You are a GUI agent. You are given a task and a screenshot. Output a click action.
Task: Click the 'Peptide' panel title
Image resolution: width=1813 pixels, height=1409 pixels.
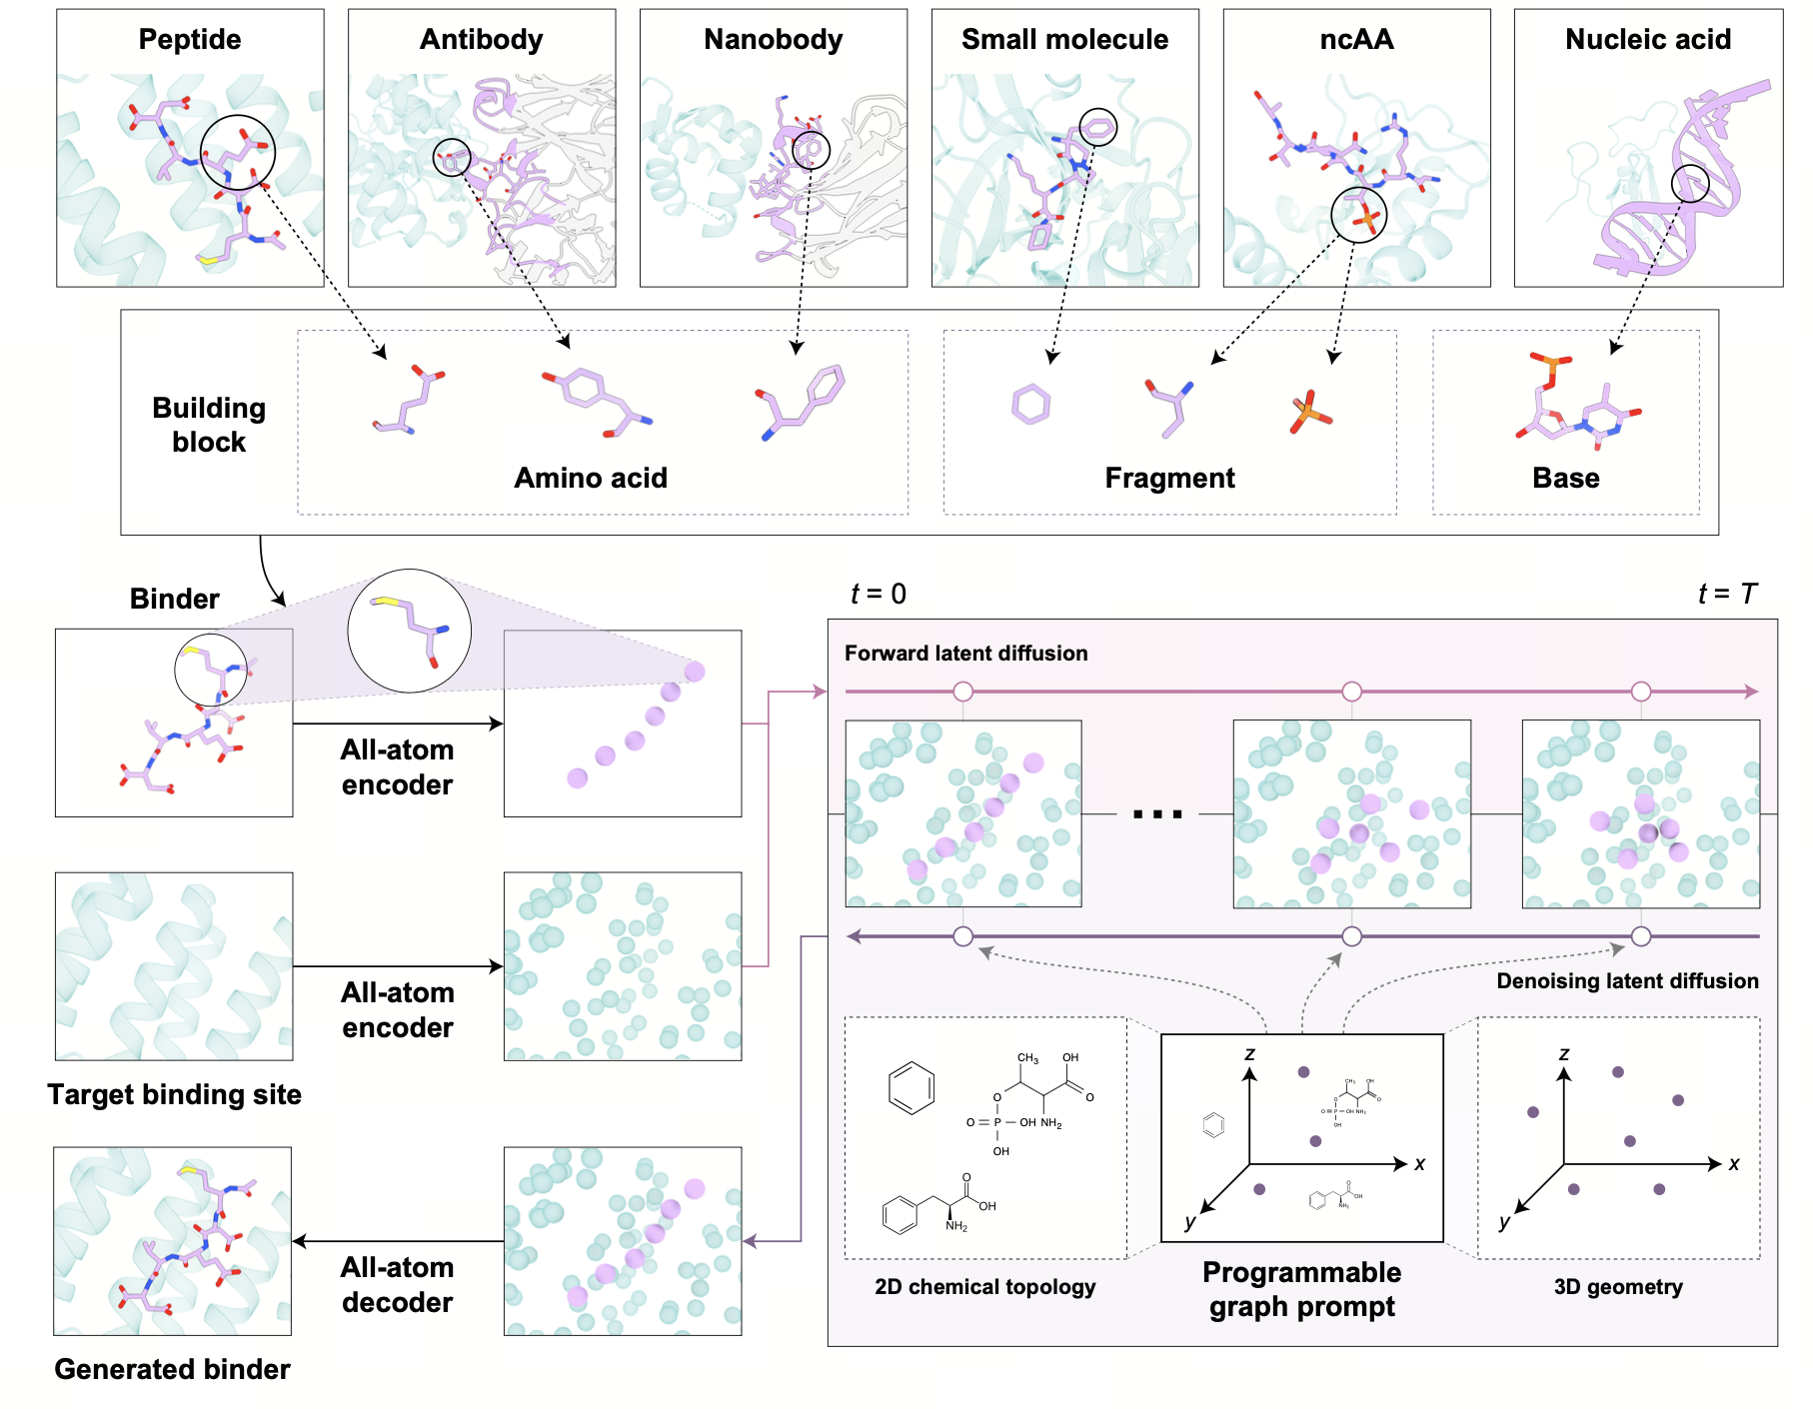(190, 40)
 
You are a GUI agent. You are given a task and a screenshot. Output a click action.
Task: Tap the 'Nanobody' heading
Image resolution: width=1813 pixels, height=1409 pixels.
(773, 40)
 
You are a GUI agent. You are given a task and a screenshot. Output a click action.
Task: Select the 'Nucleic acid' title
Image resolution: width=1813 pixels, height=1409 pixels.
(1647, 40)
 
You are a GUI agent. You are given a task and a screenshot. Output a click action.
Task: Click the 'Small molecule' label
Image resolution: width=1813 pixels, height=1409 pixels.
(1064, 40)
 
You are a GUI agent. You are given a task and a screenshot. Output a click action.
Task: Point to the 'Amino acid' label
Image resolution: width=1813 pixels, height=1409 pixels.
(591, 479)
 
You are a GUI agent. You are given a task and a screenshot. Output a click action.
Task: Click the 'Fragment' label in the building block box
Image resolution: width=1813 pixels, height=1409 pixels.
(1169, 479)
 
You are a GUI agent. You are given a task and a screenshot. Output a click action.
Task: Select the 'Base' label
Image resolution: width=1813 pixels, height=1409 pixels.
(1565, 479)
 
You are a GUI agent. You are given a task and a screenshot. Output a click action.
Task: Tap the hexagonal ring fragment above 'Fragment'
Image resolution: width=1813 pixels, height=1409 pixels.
(1030, 405)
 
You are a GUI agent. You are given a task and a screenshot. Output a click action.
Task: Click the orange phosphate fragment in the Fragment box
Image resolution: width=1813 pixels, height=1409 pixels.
(1309, 412)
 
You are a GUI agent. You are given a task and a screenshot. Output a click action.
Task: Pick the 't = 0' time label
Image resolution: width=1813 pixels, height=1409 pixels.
(879, 595)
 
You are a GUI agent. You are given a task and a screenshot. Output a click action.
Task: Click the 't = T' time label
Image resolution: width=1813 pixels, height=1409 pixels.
(1726, 595)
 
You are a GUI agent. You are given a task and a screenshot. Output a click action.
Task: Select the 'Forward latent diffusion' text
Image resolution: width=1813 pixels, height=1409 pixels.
(965, 654)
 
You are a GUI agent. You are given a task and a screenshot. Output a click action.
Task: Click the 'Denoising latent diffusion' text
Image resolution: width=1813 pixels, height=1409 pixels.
(1627, 981)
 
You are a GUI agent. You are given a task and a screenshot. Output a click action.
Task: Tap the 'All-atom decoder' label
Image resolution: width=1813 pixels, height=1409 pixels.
(397, 1285)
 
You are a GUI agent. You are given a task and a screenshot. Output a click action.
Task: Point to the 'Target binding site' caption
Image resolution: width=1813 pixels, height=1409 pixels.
(174, 1095)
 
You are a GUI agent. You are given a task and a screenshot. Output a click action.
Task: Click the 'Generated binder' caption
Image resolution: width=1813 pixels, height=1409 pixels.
(172, 1370)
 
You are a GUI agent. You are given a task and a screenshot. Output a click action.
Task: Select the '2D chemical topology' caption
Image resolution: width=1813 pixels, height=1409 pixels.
(984, 1287)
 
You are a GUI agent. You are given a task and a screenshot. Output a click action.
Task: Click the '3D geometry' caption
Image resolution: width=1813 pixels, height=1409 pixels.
(1618, 1287)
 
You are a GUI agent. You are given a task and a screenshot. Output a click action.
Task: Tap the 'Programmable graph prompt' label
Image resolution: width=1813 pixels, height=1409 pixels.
(1301, 1289)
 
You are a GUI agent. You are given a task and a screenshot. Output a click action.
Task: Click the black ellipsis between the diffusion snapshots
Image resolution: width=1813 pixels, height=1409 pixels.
(1157, 814)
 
